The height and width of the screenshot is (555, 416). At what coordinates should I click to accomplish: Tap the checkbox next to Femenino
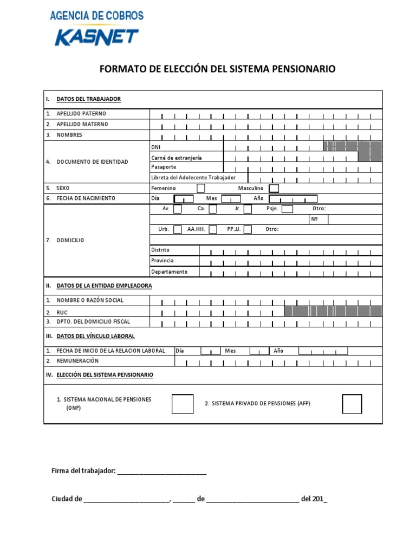click(200, 188)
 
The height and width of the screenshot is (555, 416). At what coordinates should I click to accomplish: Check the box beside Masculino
click(274, 188)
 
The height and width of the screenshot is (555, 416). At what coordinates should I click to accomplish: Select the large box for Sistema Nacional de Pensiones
click(183, 404)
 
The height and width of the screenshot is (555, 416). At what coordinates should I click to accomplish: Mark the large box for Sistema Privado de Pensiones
click(352, 404)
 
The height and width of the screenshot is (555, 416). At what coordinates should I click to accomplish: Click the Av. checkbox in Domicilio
click(178, 209)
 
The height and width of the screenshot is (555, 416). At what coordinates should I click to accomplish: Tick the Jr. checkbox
click(248, 209)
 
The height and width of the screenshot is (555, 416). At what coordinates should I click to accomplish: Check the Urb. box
click(178, 229)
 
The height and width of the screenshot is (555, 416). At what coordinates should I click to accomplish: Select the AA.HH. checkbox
click(213, 229)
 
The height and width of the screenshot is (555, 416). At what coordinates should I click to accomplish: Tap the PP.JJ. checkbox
click(248, 229)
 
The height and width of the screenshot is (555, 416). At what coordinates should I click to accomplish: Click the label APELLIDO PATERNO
click(81, 114)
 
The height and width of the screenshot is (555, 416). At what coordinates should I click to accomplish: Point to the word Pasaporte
click(164, 167)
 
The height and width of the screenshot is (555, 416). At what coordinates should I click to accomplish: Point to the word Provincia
click(162, 261)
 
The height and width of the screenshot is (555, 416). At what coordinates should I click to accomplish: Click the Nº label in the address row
click(315, 220)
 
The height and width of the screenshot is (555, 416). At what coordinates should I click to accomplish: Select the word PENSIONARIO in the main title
click(303, 69)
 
